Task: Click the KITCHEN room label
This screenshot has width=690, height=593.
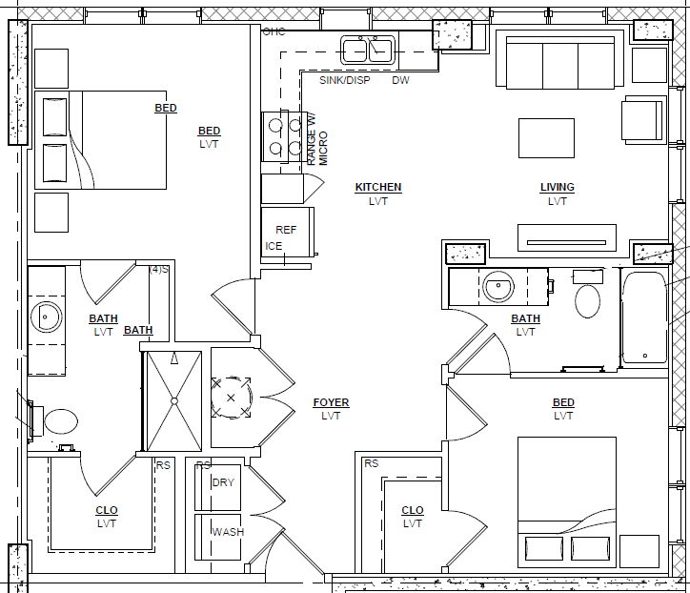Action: tap(378, 187)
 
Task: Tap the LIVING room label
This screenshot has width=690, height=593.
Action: tap(558, 187)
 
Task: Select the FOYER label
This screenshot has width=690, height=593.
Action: tap(331, 402)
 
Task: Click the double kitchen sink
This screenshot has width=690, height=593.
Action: tap(368, 51)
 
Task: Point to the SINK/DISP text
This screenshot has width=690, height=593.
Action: tap(345, 80)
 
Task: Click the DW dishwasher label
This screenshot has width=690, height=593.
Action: tap(400, 80)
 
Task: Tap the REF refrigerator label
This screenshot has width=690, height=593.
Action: tap(286, 230)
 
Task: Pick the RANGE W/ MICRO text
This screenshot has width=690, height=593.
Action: tap(317, 139)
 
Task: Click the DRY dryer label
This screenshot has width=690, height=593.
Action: tap(223, 482)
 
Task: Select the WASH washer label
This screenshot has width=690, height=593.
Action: tap(228, 532)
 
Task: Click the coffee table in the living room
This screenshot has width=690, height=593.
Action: tap(546, 138)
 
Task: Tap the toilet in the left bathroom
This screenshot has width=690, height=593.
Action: tap(56, 421)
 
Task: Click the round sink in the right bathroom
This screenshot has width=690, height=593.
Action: tap(498, 286)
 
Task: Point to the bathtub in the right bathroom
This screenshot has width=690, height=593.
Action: tap(644, 317)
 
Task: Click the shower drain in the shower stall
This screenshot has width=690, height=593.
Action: tap(174, 401)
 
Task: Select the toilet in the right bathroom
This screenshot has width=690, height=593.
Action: tap(587, 294)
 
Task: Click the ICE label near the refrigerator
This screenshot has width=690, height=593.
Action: tap(274, 246)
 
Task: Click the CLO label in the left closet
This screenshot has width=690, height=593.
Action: tap(107, 510)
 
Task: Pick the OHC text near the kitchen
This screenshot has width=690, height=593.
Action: tap(274, 31)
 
